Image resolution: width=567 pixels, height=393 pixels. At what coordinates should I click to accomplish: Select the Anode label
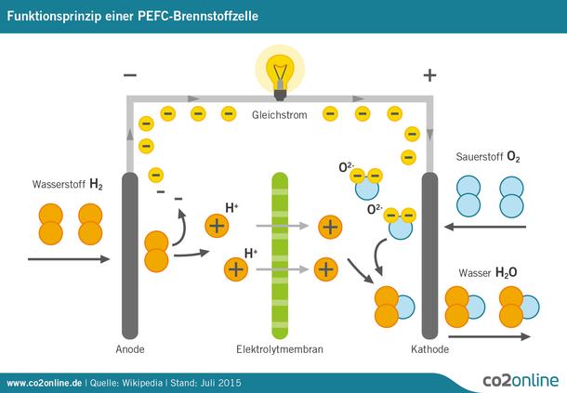129,350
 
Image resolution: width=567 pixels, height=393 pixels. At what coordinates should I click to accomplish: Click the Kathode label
429,350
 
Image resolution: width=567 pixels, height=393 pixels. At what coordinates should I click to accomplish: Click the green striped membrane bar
280,251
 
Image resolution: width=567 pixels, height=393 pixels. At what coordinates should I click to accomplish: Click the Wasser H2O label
489,273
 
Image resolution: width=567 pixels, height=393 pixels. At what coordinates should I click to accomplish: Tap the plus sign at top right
429,75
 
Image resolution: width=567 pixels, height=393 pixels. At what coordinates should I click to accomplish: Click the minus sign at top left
129,75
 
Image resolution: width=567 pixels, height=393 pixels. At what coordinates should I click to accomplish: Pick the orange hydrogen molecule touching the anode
156,251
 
